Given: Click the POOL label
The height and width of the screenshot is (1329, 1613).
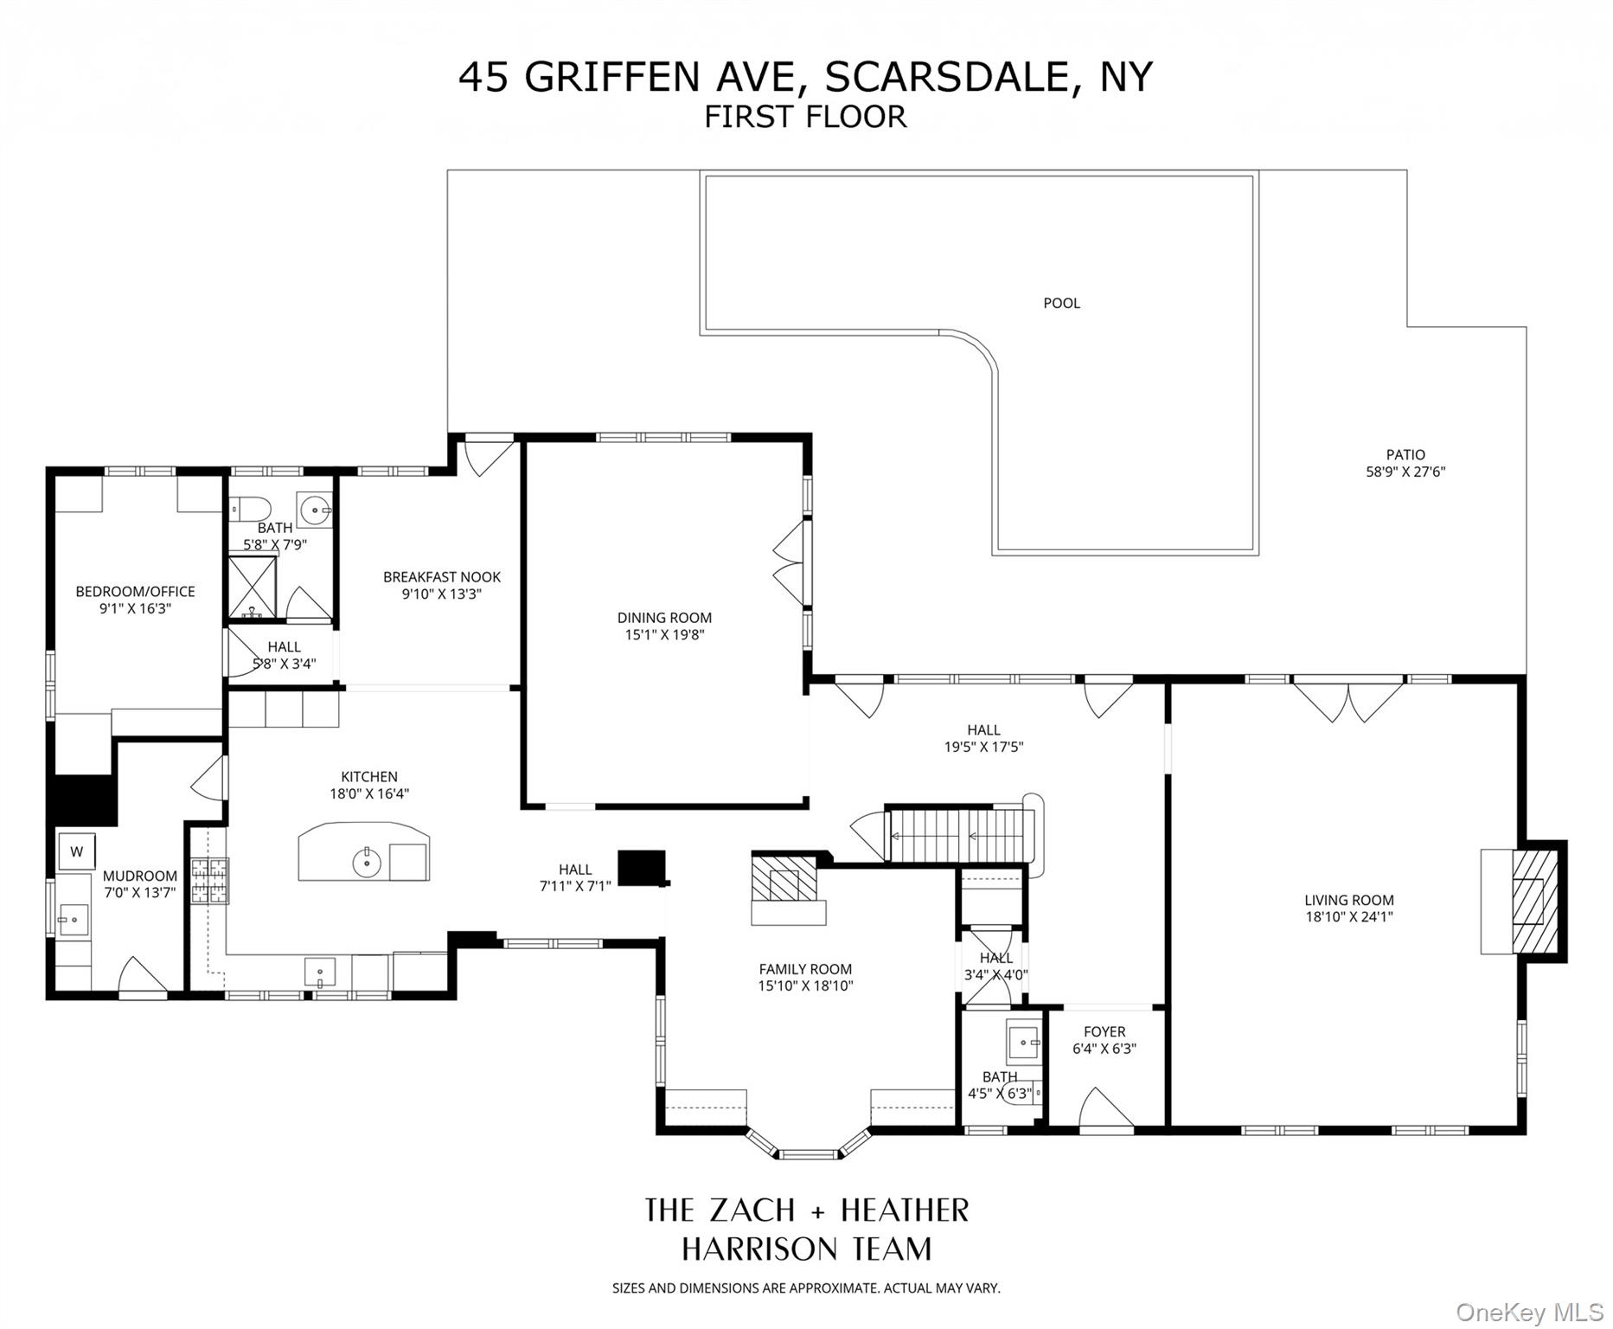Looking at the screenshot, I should (x=1061, y=303).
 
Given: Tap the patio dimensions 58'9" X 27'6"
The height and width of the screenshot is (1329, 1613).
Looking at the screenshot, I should (x=1405, y=472).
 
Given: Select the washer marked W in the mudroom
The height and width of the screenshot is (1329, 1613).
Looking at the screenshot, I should (x=77, y=851).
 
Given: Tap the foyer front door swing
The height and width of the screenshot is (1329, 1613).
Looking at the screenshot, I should (x=1104, y=1109).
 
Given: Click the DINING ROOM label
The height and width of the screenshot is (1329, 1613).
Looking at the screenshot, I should (x=664, y=618).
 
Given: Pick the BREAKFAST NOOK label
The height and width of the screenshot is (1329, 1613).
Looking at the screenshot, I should (x=442, y=577).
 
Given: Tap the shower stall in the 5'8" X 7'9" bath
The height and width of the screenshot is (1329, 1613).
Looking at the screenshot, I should (x=252, y=587).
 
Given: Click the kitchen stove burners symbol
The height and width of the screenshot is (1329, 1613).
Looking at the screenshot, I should (x=209, y=881).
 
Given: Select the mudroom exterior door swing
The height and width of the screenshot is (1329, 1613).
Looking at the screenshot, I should (x=142, y=976).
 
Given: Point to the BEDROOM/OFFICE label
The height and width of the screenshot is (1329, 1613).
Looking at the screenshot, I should (x=135, y=592).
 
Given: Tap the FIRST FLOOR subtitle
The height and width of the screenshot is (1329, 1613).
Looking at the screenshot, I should (x=805, y=117).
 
